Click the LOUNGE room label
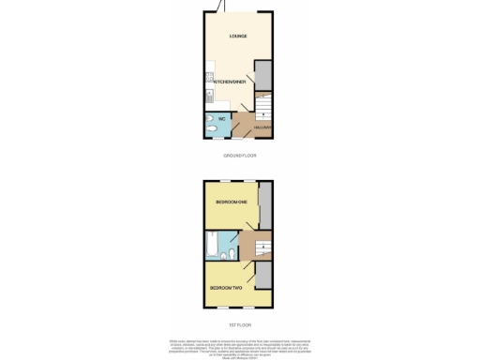[x=238, y=37]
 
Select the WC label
[x=222, y=119]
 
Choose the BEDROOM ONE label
[x=230, y=202]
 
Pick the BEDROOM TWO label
[x=226, y=287]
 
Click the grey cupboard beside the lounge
[x=263, y=74]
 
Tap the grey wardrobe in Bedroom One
[x=266, y=204]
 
